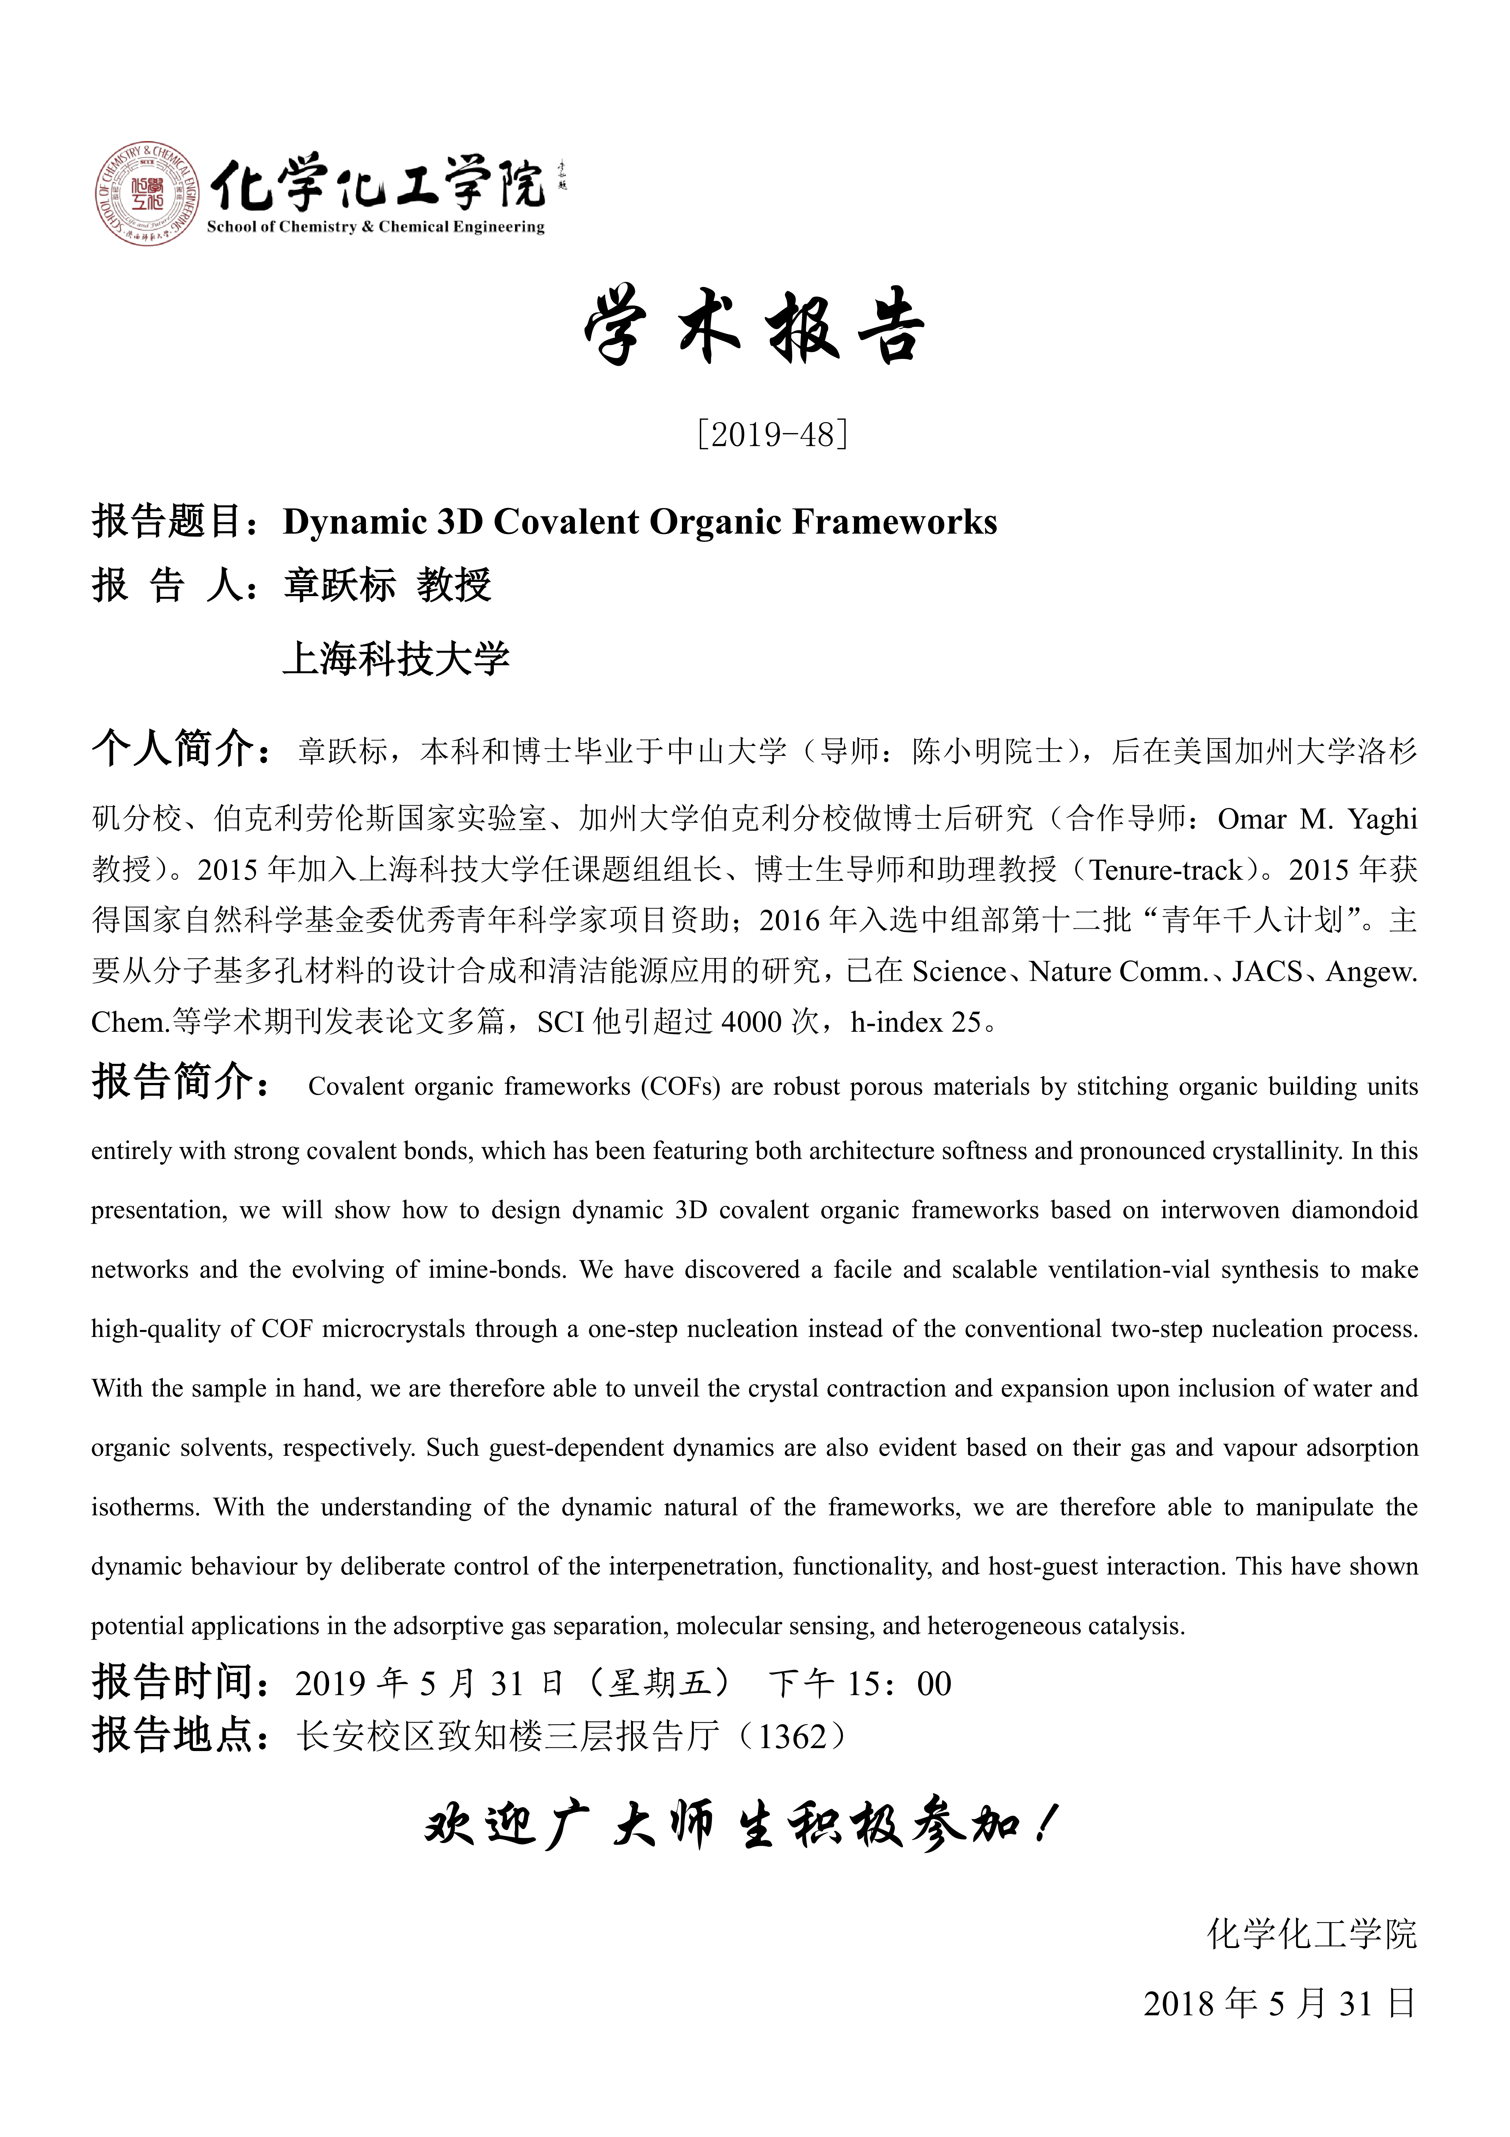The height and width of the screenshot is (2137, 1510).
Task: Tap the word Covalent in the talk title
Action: (x=566, y=522)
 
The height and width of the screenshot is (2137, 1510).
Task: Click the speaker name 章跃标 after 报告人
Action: (x=340, y=586)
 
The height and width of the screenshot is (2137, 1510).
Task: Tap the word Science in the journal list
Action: (x=958, y=972)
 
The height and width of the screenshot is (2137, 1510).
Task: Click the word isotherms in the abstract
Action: (x=144, y=1508)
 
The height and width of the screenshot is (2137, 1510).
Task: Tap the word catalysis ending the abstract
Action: (x=1141, y=1627)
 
